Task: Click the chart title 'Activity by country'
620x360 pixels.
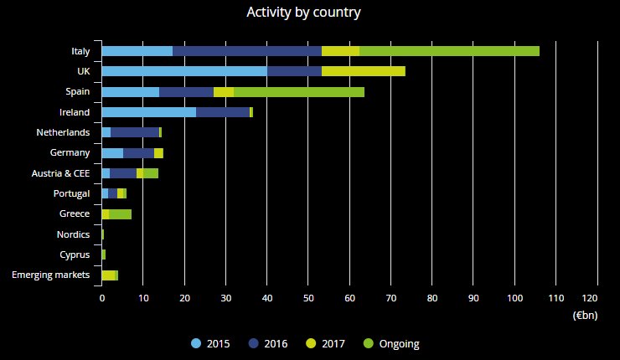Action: [x=304, y=13]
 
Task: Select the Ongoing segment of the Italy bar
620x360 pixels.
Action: [x=449, y=51]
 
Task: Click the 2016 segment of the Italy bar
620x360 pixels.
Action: [x=247, y=51]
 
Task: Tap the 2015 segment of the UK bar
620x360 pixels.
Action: [x=184, y=71]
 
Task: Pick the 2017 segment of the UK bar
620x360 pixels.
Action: [x=364, y=71]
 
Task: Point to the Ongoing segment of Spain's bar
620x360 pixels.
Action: [x=299, y=91]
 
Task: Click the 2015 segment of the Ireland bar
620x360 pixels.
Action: [x=148, y=112]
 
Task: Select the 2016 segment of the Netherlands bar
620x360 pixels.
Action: [x=135, y=132]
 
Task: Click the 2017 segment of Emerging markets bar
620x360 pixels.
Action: [x=108, y=275]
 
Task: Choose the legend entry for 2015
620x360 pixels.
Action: [x=210, y=343]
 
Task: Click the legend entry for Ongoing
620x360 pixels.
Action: [x=392, y=343]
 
